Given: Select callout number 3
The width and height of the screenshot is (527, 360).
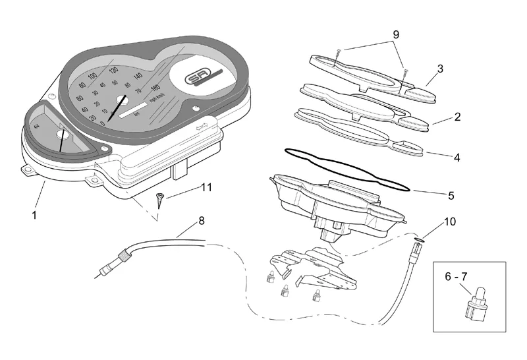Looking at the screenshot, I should pos(440,68).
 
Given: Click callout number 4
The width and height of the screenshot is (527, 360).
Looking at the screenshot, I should pos(457,158).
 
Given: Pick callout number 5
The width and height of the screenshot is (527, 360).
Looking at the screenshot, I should pos(451,196).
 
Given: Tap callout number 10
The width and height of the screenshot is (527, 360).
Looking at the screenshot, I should pos(450,222).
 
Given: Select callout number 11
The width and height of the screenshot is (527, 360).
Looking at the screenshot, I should pos(206,187).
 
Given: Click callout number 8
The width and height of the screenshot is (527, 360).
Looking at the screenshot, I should pos(201,222).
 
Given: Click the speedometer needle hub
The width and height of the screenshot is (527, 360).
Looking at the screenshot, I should pos(123,100).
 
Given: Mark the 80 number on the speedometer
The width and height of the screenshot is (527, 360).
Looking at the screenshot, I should pos(82,86).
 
